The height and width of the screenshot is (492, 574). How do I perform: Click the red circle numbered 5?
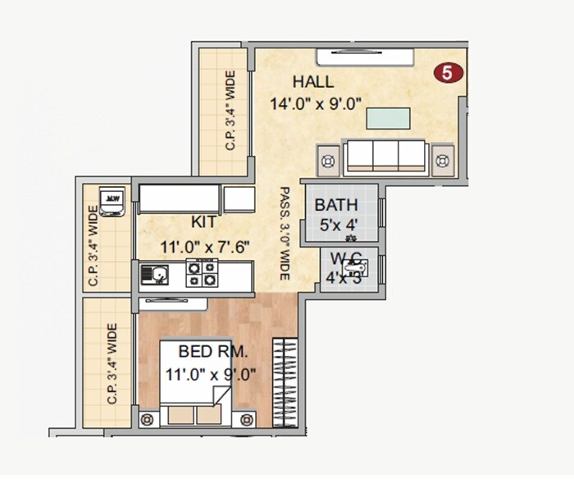448,73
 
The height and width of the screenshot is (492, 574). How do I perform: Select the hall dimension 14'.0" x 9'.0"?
316,103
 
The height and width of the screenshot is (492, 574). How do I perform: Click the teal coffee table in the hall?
388,118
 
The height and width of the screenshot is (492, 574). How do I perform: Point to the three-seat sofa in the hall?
384,155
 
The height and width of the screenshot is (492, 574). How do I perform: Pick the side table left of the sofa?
328,161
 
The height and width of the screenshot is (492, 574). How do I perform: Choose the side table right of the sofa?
443,161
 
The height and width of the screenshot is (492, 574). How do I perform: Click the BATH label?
335,205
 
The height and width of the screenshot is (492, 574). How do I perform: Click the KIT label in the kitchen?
204,223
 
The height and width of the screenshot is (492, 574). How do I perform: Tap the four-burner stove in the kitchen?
202,274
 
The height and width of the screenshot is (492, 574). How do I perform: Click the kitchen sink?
155,275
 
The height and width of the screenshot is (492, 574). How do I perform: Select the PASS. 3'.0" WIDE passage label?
285,234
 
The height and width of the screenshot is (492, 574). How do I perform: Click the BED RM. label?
213,353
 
